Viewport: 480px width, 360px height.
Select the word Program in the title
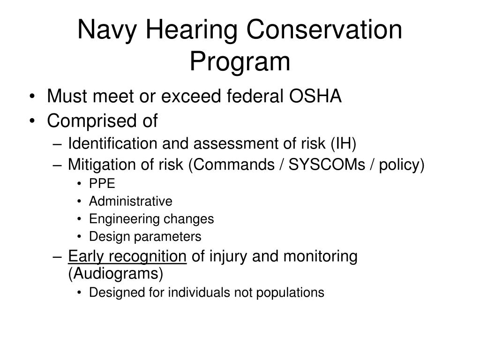coord(240,62)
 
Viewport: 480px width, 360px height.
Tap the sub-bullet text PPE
coord(102,184)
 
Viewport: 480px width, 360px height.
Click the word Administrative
coord(131,202)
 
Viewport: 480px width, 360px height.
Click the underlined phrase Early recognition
coord(127,256)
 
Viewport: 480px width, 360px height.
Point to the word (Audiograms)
coord(116,273)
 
